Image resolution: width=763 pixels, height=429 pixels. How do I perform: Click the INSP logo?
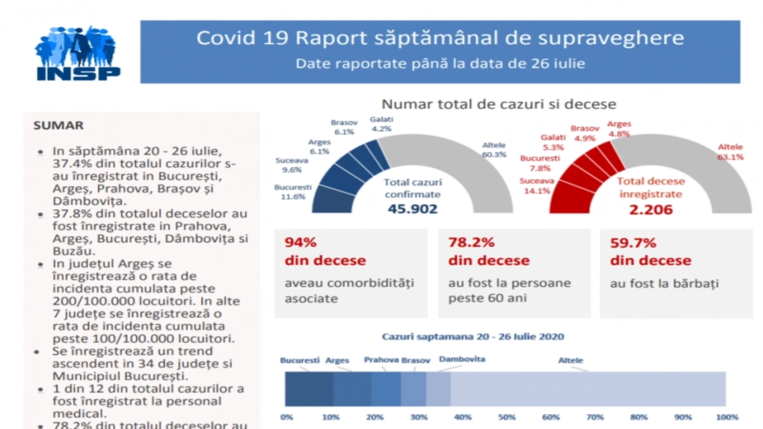(x=77, y=53)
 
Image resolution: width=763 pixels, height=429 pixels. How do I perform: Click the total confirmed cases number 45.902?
(x=412, y=209)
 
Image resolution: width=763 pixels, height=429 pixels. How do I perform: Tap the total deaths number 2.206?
(x=650, y=209)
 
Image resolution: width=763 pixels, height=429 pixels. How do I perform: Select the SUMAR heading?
(x=59, y=125)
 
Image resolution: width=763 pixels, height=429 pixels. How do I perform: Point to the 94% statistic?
(x=300, y=243)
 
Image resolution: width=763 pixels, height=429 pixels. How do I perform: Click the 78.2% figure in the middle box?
(x=471, y=243)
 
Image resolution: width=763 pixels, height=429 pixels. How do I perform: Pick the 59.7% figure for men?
(x=633, y=243)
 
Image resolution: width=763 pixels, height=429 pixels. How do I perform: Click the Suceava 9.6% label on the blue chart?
(x=291, y=165)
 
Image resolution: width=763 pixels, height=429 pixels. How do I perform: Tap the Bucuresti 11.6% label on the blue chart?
(x=293, y=192)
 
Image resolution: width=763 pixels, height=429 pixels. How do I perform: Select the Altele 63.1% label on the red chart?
(x=730, y=152)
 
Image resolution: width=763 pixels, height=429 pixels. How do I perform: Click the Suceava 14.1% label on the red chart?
(x=536, y=186)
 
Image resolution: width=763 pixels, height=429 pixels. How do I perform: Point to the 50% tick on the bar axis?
(x=506, y=417)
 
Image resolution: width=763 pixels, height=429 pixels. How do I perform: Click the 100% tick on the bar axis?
(x=727, y=417)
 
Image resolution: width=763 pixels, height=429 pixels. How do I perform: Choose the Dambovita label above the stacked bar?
(x=462, y=359)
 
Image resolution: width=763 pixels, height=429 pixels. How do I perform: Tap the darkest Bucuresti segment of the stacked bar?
(x=309, y=389)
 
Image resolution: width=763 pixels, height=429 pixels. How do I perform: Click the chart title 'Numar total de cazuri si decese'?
(x=499, y=104)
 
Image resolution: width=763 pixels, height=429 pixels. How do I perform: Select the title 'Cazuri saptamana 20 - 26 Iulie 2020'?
(x=473, y=337)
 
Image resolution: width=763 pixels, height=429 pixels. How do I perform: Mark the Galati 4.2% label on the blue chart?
(x=381, y=124)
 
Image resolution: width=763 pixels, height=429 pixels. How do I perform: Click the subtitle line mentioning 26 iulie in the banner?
(x=440, y=63)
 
